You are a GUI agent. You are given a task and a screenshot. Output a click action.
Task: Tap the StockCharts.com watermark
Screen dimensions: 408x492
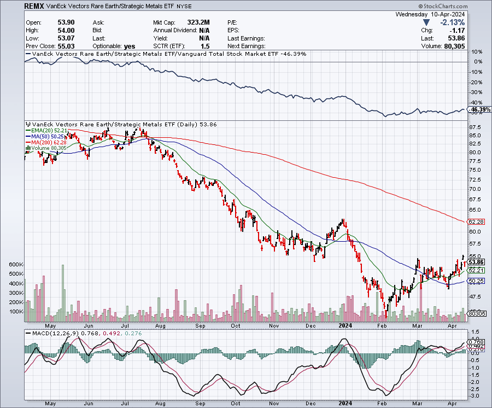(464, 7)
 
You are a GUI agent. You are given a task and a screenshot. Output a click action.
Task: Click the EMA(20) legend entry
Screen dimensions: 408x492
(46, 131)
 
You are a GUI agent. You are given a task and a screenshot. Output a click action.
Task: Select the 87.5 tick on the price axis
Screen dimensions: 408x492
(475, 126)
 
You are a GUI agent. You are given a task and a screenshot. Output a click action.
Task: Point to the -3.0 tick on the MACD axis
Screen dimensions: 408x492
(474, 395)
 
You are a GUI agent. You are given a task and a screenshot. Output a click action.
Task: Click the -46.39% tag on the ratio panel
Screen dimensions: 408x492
(477, 110)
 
